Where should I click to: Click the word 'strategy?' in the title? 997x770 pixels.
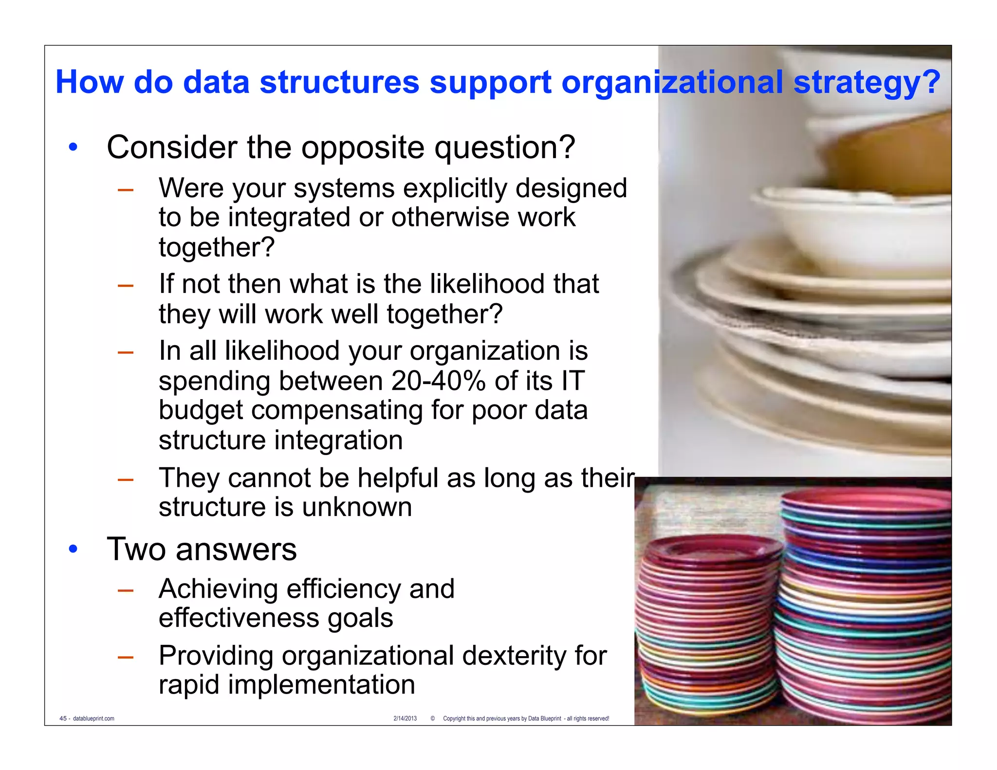pos(867,83)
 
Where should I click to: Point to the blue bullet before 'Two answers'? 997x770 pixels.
pos(73,550)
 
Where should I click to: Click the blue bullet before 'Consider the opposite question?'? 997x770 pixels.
pos(73,147)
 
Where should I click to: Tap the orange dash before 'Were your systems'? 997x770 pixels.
pos(126,190)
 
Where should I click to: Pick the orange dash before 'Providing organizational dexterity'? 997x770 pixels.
pos(126,657)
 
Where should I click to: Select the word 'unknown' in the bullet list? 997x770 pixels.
pos(356,507)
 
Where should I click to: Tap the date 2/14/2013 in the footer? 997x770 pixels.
pos(405,718)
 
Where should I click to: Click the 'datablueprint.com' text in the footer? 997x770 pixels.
pos(93,718)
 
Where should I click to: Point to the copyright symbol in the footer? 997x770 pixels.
pos(432,718)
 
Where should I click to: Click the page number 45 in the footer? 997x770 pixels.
pos(63,718)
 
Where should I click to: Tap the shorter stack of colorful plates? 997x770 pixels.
pos(708,623)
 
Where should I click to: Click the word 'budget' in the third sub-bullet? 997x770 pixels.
pos(201,410)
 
